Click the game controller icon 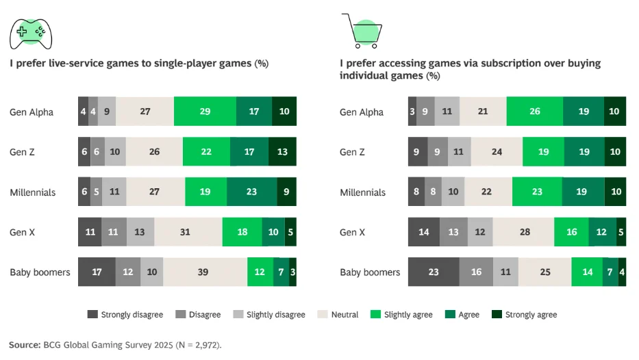[31, 31]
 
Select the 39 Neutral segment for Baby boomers [203, 272]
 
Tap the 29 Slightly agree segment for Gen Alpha [205, 112]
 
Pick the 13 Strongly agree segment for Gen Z [282, 152]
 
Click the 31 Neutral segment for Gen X [186, 232]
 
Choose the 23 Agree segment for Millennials [251, 192]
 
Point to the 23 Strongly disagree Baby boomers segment [434, 272]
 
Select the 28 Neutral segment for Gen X [525, 232]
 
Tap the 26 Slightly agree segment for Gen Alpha [535, 112]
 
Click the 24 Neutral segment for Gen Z [497, 152]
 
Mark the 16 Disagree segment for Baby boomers [476, 272]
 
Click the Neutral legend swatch [323, 315]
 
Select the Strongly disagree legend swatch [92, 315]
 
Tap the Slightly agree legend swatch [375, 315]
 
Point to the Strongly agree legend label [531, 315]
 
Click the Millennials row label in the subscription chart [363, 192]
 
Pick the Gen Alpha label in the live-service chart [32, 112]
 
